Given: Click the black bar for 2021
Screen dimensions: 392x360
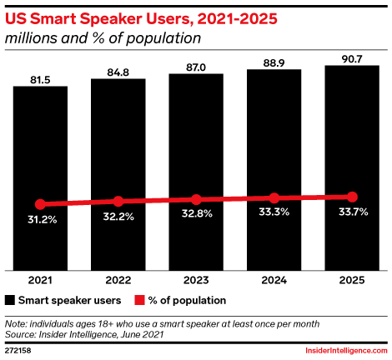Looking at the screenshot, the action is point(40,178).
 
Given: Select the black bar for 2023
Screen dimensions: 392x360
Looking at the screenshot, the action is point(196,172).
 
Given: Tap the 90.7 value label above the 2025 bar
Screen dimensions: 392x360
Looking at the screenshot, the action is point(352,59).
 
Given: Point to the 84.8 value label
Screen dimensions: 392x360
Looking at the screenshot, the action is point(118,72).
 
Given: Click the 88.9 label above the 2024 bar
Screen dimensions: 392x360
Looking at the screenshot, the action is point(274,63).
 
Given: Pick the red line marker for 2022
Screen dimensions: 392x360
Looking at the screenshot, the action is point(118,202).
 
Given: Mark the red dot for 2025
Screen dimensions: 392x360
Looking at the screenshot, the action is point(352,197).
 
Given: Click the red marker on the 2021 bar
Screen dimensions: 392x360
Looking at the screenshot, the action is point(40,204).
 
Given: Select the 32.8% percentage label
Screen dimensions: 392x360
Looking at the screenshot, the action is point(197,213).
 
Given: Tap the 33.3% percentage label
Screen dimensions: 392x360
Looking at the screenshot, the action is point(274,212).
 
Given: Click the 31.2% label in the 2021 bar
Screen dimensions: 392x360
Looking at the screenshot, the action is point(43,220).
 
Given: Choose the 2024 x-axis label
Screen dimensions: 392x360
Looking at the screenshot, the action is point(274,280).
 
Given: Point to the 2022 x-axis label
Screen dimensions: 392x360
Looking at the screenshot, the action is point(118,280).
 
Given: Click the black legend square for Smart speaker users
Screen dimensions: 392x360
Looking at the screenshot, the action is point(10,300).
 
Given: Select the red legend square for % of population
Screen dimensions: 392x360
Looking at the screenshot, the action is point(139,300).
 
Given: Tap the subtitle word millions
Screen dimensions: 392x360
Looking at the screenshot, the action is point(32,38).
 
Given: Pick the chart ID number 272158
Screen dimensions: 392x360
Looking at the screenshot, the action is point(18,351).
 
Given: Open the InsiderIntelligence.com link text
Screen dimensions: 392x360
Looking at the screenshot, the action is point(346,351).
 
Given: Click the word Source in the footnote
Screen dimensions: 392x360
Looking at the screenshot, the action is point(20,334).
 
